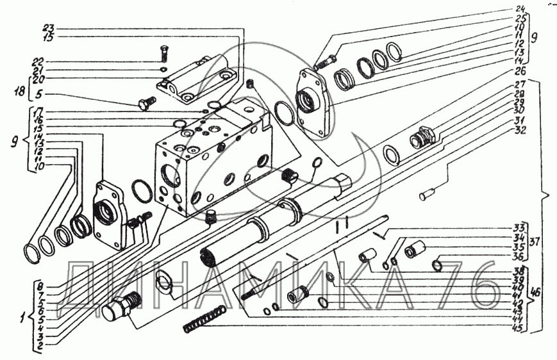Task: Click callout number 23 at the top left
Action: (x=49, y=29)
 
